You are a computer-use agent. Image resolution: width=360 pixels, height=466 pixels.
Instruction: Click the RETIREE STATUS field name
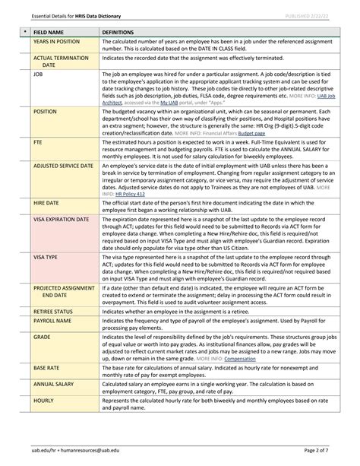tap(52, 312)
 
